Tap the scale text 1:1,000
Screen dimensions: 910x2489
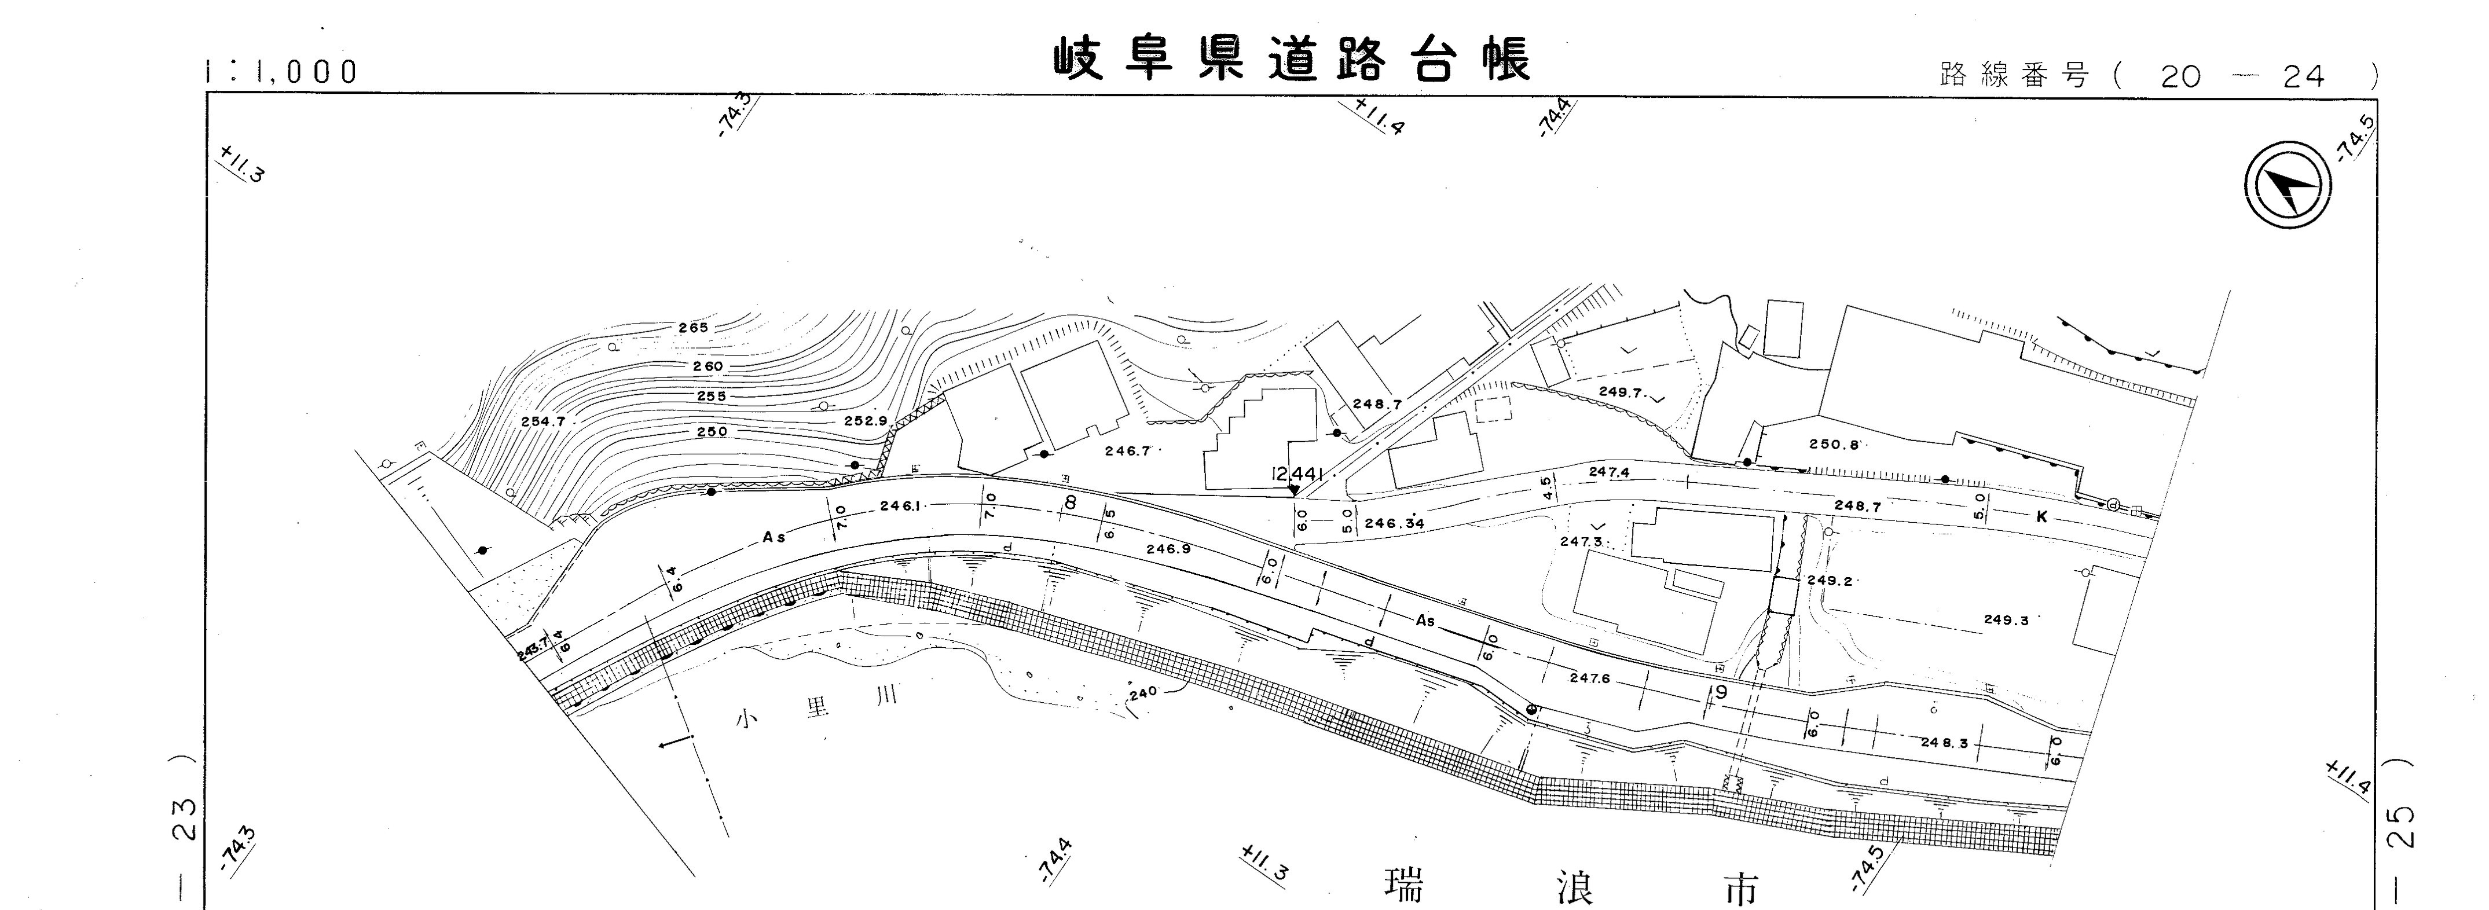pyautogui.click(x=282, y=71)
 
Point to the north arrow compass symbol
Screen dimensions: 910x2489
pyautogui.click(x=2286, y=185)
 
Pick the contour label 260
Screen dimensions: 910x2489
pyautogui.click(x=708, y=367)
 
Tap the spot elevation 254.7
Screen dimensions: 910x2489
pyautogui.click(x=543, y=422)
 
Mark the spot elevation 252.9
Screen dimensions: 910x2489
pyautogui.click(x=865, y=421)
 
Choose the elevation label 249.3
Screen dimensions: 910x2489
pyautogui.click(x=2006, y=620)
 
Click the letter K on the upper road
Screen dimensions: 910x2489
pyautogui.click(x=2041, y=517)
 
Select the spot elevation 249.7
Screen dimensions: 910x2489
pyautogui.click(x=1621, y=392)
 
